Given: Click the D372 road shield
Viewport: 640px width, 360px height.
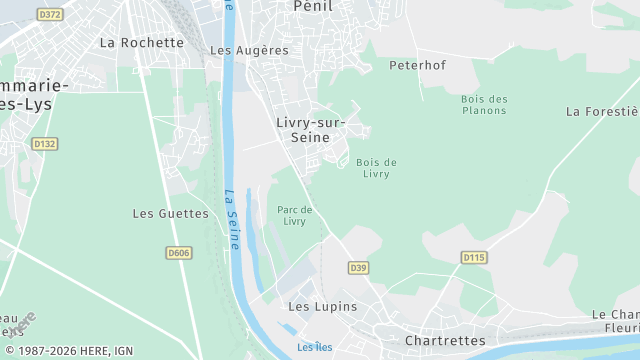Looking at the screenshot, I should [x=49, y=14].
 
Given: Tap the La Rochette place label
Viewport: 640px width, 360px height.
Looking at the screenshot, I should [x=142, y=43].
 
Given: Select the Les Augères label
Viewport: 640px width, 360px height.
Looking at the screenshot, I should [x=249, y=50].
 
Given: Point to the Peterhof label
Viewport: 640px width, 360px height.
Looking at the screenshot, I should [x=417, y=66].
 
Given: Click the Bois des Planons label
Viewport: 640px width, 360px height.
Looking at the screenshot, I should [x=485, y=104].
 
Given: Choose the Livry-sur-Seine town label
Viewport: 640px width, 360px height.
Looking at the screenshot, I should [x=311, y=130].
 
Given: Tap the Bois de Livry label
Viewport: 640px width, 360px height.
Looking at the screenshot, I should [x=376, y=168].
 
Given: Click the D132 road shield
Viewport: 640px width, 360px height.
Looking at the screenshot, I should [x=45, y=144].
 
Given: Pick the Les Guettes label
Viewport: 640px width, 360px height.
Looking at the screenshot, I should [x=170, y=214].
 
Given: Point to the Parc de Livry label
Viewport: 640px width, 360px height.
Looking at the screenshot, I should [x=295, y=215].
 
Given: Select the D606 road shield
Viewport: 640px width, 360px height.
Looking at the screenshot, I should [x=178, y=253].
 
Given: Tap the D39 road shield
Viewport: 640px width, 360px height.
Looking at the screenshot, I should [x=359, y=267].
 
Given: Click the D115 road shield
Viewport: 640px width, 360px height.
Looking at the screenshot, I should [x=474, y=257].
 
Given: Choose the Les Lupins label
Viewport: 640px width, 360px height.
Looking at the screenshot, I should [x=322, y=307].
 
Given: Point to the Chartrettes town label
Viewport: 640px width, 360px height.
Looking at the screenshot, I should [x=444, y=341].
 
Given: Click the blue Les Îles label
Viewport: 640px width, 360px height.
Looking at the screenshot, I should [x=314, y=348].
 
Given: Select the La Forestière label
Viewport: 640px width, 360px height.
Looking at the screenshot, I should [x=602, y=111].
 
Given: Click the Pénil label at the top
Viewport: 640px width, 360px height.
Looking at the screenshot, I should [x=313, y=6].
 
